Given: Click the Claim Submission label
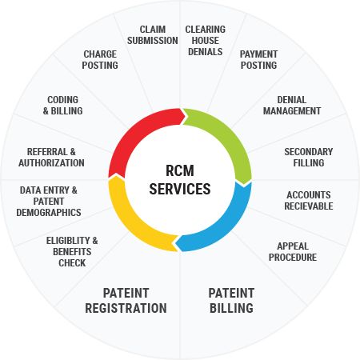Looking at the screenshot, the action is [x=153, y=35].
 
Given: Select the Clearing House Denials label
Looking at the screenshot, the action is [x=206, y=41].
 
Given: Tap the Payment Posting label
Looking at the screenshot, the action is [x=258, y=60].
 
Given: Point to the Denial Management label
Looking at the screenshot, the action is [x=292, y=106].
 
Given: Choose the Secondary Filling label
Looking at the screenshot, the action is [x=309, y=158].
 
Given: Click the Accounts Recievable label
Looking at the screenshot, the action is [x=309, y=201].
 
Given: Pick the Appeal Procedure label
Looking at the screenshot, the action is [x=293, y=252].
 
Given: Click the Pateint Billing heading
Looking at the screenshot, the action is [x=231, y=301].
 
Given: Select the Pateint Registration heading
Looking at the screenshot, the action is [x=126, y=301].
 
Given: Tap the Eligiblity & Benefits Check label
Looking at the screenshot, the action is [x=72, y=252].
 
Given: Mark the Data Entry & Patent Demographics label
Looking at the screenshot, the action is [x=49, y=202].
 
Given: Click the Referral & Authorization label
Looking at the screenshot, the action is [x=51, y=158].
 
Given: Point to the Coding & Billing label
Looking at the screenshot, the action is [x=63, y=106].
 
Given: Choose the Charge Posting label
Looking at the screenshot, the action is [x=100, y=60].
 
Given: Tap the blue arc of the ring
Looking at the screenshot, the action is [x=226, y=226].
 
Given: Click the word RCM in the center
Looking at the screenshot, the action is [x=180, y=170].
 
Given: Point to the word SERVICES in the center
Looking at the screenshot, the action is [x=180, y=189].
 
